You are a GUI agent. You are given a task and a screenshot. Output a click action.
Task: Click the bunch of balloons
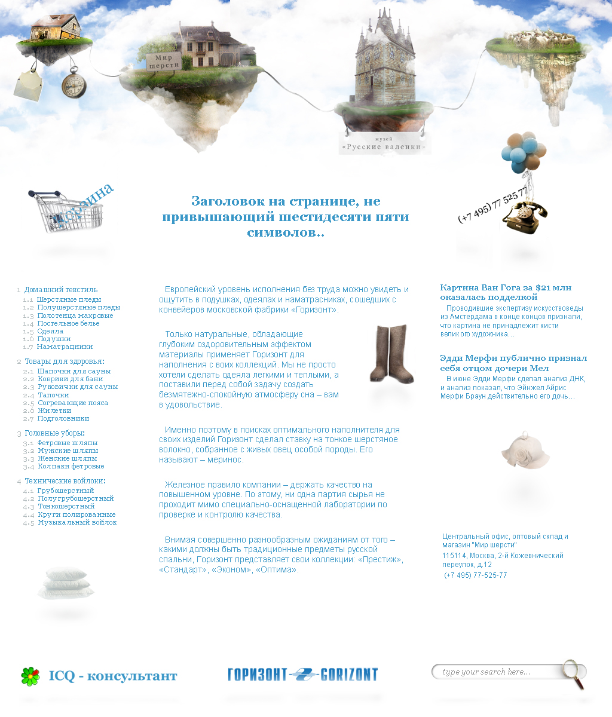point(520,152)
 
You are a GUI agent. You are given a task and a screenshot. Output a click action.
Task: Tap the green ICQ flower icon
point(30,676)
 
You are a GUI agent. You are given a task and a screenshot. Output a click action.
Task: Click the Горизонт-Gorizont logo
point(302,675)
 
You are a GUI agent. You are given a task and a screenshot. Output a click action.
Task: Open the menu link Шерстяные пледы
point(69,299)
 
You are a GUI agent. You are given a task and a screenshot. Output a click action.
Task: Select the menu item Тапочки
point(53,395)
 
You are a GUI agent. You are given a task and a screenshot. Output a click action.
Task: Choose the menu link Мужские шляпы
point(68,451)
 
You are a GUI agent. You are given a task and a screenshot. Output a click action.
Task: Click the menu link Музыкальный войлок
point(77,522)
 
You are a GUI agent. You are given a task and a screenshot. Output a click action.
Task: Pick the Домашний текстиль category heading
point(60,290)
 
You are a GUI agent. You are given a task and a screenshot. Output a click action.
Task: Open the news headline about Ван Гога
point(488,292)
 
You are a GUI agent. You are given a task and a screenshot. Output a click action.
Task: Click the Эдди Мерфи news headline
point(513,363)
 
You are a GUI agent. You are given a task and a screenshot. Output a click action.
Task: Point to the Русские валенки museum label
point(384,145)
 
